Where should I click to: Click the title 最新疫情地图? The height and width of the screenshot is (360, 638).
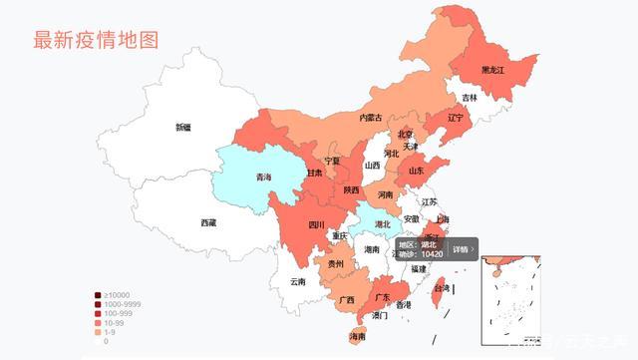96,40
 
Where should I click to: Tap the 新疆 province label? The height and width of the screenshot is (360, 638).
183,128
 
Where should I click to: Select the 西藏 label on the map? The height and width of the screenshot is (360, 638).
207,223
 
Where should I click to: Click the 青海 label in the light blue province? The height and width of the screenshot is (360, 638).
263,178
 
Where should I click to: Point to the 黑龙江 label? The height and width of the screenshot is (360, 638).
492,71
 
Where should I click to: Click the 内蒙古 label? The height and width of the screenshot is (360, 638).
370,118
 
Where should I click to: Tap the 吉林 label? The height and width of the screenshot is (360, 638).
469,98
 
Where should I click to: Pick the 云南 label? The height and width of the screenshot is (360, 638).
298,282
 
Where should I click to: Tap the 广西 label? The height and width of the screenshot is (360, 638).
346,300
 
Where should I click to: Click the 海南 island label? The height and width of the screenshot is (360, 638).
356,338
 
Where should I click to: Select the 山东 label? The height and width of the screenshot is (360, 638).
417,171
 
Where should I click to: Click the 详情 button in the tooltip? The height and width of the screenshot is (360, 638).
461,249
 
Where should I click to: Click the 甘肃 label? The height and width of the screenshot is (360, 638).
313,173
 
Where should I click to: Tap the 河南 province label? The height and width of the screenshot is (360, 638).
385,194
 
